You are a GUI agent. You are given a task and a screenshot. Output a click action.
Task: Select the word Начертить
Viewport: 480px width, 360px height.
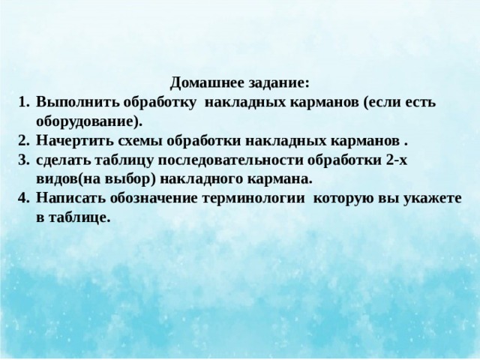click(x=68, y=140)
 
